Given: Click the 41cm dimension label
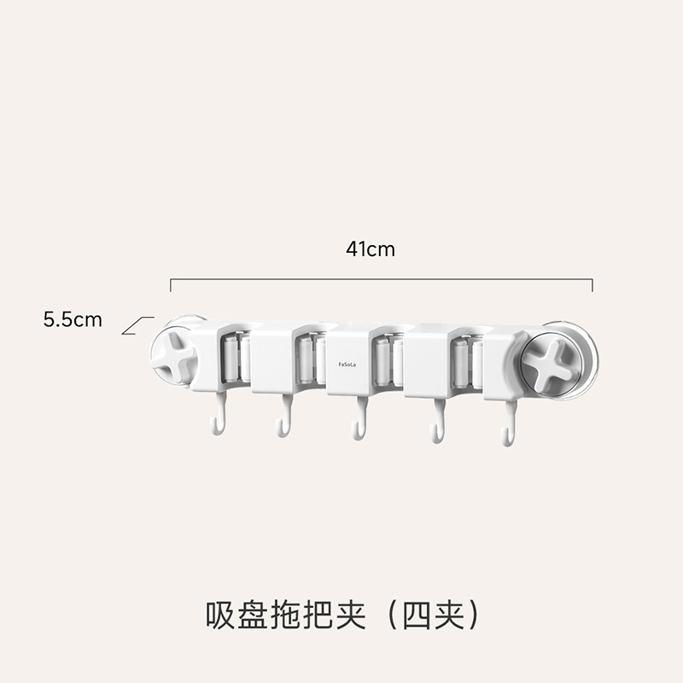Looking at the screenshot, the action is pyautogui.click(x=371, y=249).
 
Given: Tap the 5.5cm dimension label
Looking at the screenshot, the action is pyautogui.click(x=73, y=320).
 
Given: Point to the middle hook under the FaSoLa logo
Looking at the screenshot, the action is pyautogui.click(x=359, y=423).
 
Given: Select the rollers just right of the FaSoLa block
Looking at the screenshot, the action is pyautogui.click(x=385, y=359).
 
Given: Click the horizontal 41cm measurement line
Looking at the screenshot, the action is pyautogui.click(x=381, y=279).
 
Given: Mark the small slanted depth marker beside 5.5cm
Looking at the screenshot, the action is pyautogui.click(x=137, y=326).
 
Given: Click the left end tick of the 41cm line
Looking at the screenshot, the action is pyautogui.click(x=171, y=284).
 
